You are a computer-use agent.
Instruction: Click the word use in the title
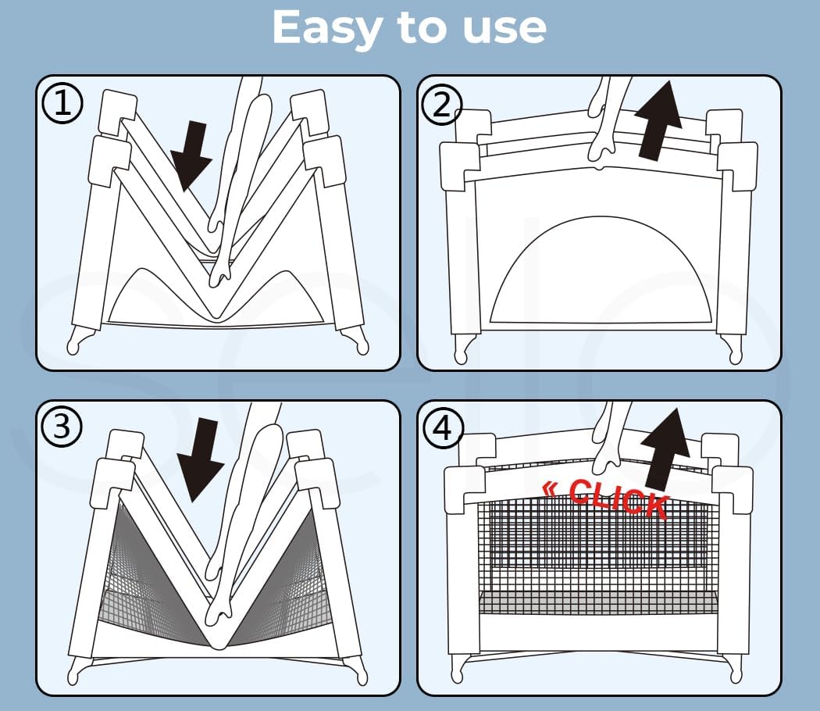point(504,29)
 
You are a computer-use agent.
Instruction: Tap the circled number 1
point(62,103)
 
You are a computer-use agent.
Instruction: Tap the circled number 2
point(442,105)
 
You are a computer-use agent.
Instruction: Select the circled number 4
point(443,428)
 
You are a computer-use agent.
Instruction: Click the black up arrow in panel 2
point(658,120)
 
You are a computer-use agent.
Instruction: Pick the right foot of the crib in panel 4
point(733,668)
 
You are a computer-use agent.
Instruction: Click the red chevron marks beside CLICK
point(550,489)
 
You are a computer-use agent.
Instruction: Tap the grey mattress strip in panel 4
point(598,603)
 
